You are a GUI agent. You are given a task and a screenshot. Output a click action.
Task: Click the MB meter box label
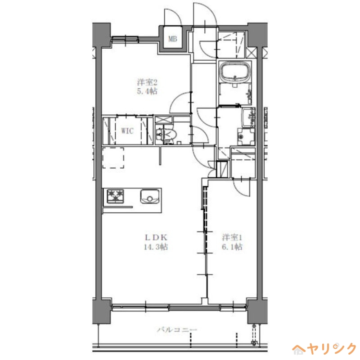(x=172, y=39)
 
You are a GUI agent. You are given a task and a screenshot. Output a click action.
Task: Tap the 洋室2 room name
(x=147, y=82)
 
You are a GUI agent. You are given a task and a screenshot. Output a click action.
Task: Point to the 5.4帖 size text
(x=147, y=92)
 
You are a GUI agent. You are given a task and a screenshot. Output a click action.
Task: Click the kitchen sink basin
(x=149, y=196)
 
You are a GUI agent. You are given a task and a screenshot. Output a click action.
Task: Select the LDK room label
(x=156, y=237)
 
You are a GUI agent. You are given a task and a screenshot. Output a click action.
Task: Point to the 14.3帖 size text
(x=156, y=247)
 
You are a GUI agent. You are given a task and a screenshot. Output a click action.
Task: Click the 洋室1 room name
(x=232, y=237)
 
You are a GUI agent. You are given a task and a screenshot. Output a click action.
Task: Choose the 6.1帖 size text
(x=232, y=247)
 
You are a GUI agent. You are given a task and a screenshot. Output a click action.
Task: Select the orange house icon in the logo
(x=299, y=348)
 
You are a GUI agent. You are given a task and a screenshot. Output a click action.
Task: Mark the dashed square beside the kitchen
(x=113, y=157)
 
